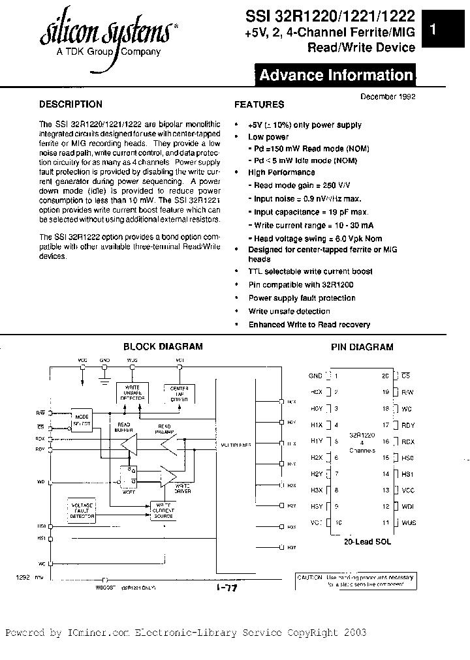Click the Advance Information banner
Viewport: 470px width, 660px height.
(x=336, y=75)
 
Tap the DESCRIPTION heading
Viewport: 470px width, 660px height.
(x=70, y=104)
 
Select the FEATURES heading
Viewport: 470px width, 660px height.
(x=259, y=104)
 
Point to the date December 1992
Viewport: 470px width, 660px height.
(x=388, y=96)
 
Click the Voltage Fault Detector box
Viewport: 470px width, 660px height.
(x=83, y=511)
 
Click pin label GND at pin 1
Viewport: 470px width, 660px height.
(x=315, y=376)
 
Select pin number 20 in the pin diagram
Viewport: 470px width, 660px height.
(x=385, y=376)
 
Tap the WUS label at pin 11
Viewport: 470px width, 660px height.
(x=409, y=522)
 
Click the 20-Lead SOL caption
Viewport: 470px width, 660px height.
(x=367, y=542)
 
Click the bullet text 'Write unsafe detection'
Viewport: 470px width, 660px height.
(x=289, y=311)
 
